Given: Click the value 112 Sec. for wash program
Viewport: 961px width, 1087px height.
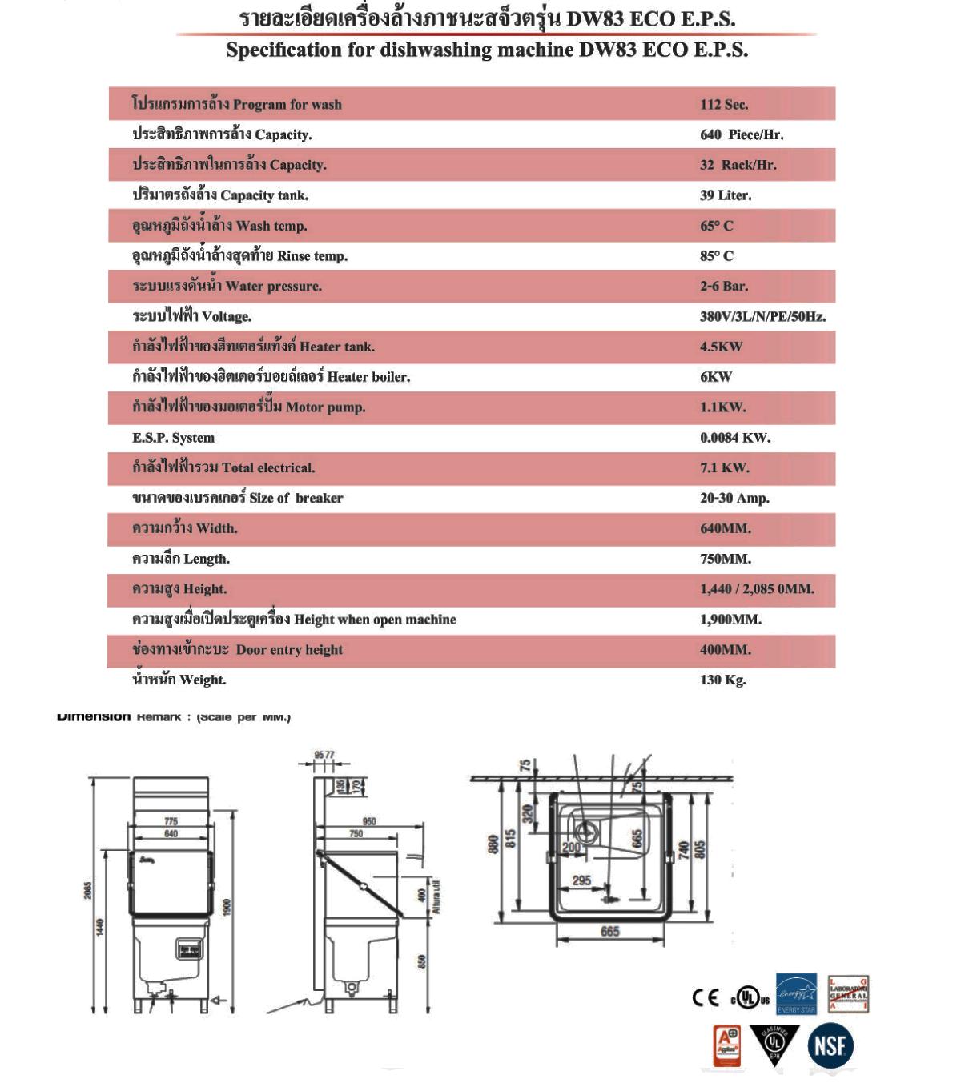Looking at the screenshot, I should coord(724,105).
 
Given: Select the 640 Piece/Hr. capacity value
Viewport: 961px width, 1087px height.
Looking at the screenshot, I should coord(742,134).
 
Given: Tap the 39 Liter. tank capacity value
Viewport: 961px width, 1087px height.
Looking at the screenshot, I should coord(726,195).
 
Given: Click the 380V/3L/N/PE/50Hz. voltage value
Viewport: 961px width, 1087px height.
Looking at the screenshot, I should coord(762,316).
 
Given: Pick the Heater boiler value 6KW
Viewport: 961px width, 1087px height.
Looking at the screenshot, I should coord(716,377).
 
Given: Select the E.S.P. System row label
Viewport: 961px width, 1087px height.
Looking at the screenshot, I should coord(173,438).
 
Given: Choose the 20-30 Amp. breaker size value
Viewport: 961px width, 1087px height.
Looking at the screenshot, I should coord(734,498).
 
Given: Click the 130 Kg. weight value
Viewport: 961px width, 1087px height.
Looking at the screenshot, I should coord(722,680).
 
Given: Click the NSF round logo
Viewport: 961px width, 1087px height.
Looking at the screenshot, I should coord(830,1045).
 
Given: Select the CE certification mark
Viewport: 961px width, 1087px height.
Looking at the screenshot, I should coord(706,997).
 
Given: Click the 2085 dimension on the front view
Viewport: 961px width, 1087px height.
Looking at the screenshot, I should coord(89,890).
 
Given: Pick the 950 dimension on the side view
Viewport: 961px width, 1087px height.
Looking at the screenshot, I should coord(369,822).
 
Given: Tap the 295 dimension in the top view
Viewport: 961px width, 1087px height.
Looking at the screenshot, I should coord(581,880).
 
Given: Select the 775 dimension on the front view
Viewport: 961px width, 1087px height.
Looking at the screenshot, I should coord(171,821).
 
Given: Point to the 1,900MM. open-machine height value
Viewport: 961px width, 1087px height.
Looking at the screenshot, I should coord(730,620).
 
